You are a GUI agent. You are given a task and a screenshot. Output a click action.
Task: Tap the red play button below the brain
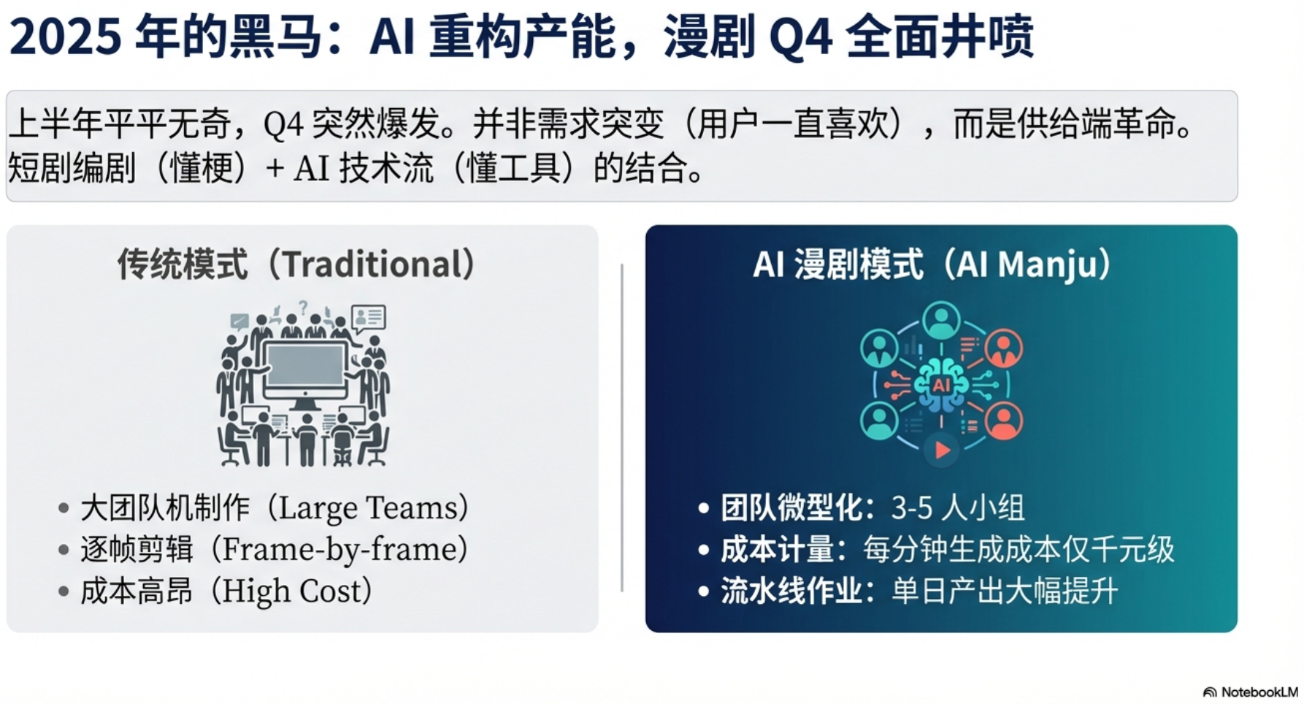pos(942,450)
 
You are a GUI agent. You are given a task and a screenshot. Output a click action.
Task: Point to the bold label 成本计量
pos(778,550)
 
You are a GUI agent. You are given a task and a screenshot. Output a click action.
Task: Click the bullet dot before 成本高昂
pos(64,591)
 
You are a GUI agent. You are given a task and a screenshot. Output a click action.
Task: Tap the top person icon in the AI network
pos(941,321)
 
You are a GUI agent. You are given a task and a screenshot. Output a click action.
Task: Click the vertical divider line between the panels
pos(622,428)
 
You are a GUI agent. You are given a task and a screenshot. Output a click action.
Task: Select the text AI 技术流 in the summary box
pos(364,169)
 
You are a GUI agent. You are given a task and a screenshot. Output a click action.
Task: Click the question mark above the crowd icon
pos(303,307)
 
